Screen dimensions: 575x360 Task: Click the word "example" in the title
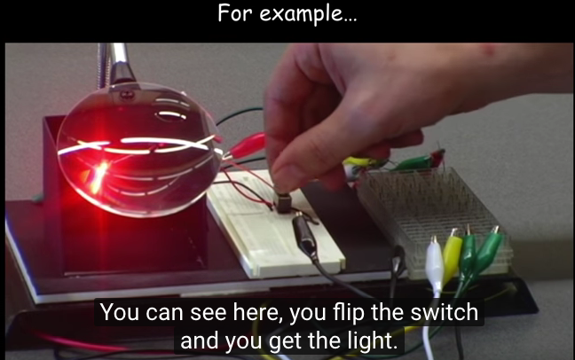[308, 14]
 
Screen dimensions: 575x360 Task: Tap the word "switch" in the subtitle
[444, 312]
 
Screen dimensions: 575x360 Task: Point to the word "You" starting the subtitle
[120, 312]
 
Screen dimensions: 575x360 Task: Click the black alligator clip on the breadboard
[303, 235]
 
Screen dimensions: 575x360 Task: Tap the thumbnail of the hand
[289, 176]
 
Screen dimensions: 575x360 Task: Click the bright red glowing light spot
[98, 176]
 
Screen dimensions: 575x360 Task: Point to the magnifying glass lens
[138, 150]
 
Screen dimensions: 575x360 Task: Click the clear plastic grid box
[433, 220]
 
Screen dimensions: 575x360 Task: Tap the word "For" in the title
[235, 13]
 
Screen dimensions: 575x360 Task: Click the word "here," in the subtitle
[258, 313]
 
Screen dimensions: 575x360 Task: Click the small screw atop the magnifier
[127, 95]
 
